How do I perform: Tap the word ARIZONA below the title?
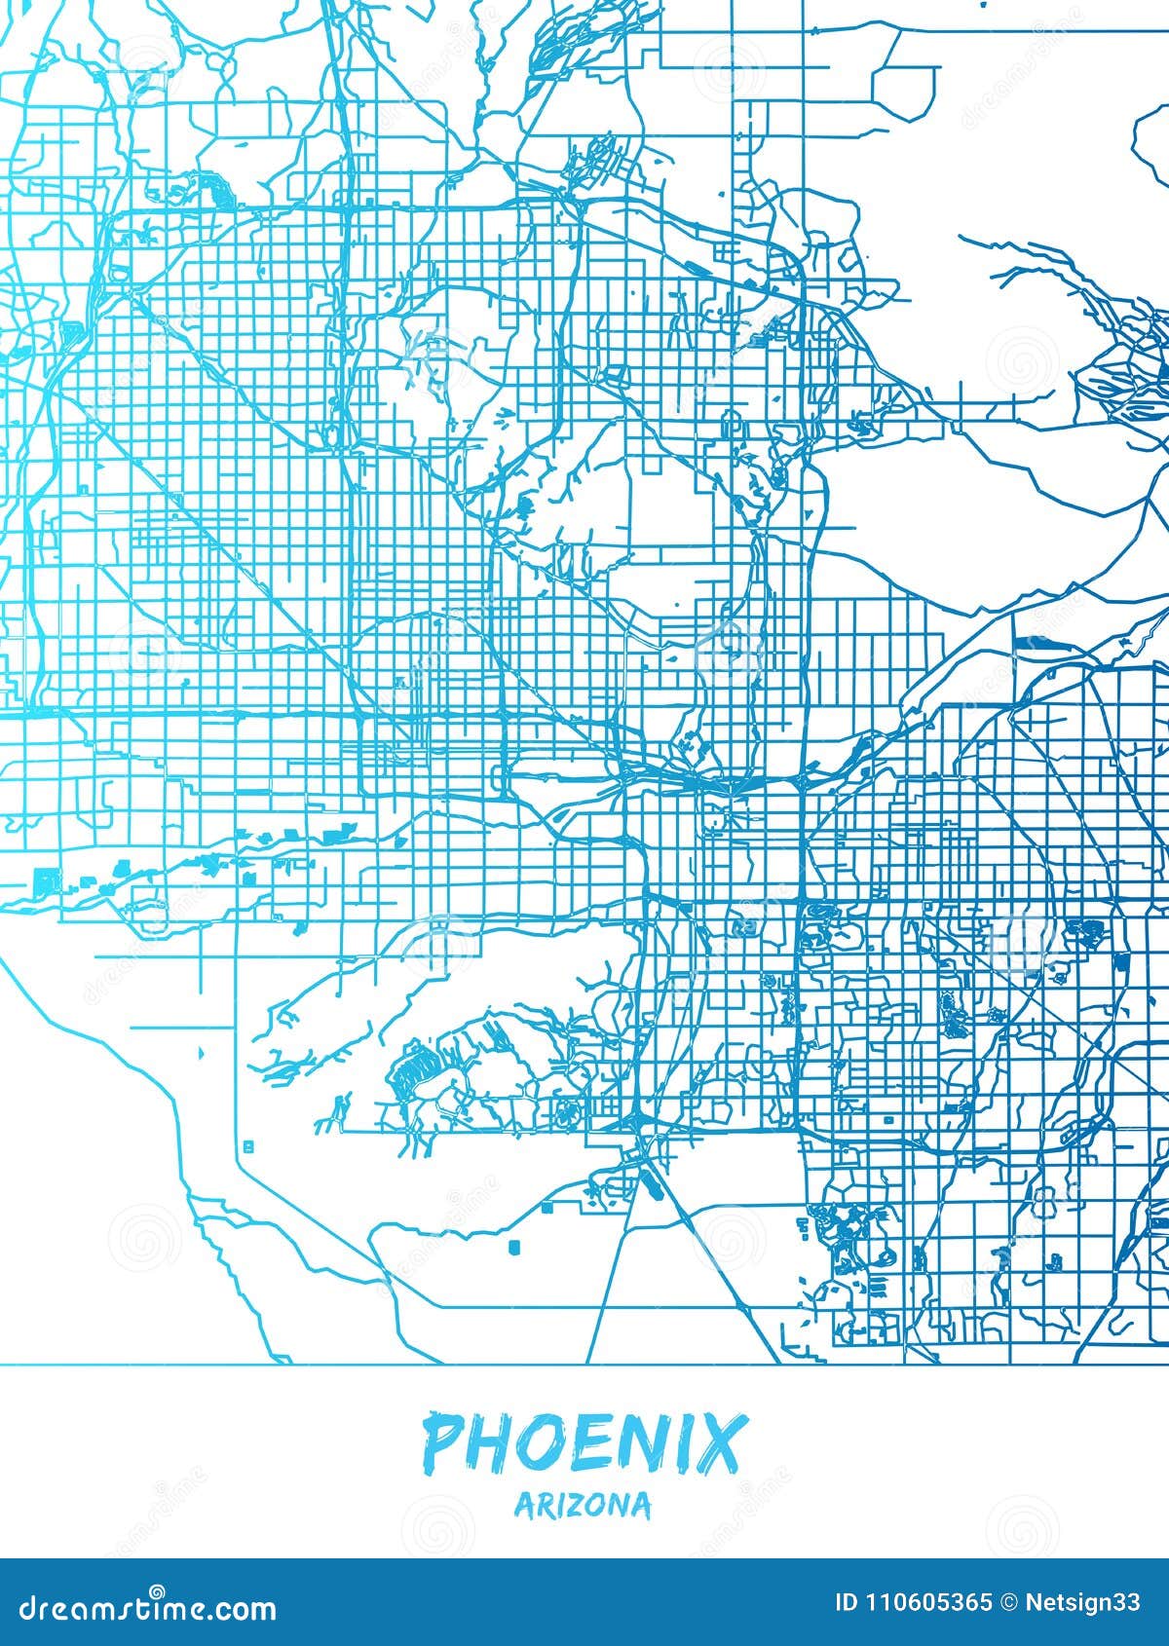[583, 1505]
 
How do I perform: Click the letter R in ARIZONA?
[542, 1506]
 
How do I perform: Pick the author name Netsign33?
[1081, 1602]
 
